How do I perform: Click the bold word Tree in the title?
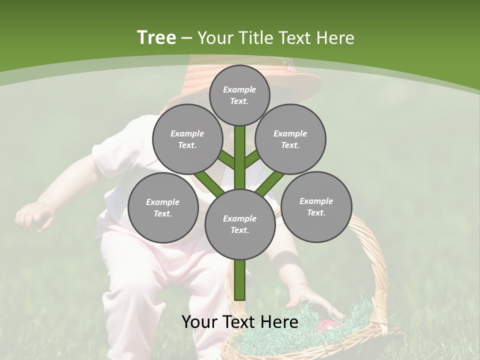point(156,38)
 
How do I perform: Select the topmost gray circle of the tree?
point(239,95)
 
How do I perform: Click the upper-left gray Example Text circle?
point(187,139)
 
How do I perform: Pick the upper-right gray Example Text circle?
point(290,139)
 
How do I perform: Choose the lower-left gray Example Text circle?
point(163,207)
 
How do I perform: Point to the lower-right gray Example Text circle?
point(316,206)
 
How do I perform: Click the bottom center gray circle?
point(240,224)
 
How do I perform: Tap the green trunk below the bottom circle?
point(240,280)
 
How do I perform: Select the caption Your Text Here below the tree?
point(240,322)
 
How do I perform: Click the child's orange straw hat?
point(300,80)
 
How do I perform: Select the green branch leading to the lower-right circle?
point(270,183)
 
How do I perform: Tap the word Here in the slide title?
point(334,38)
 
